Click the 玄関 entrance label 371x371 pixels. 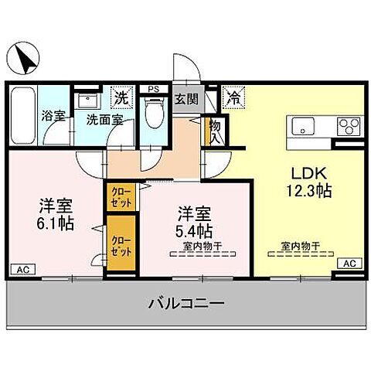pos(185,98)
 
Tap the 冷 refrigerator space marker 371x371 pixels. pos(232,97)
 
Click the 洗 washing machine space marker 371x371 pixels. pos(121,97)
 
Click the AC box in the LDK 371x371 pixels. pos(348,264)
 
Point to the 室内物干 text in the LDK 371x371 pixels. pos(301,247)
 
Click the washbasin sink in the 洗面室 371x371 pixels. pos(87,101)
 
